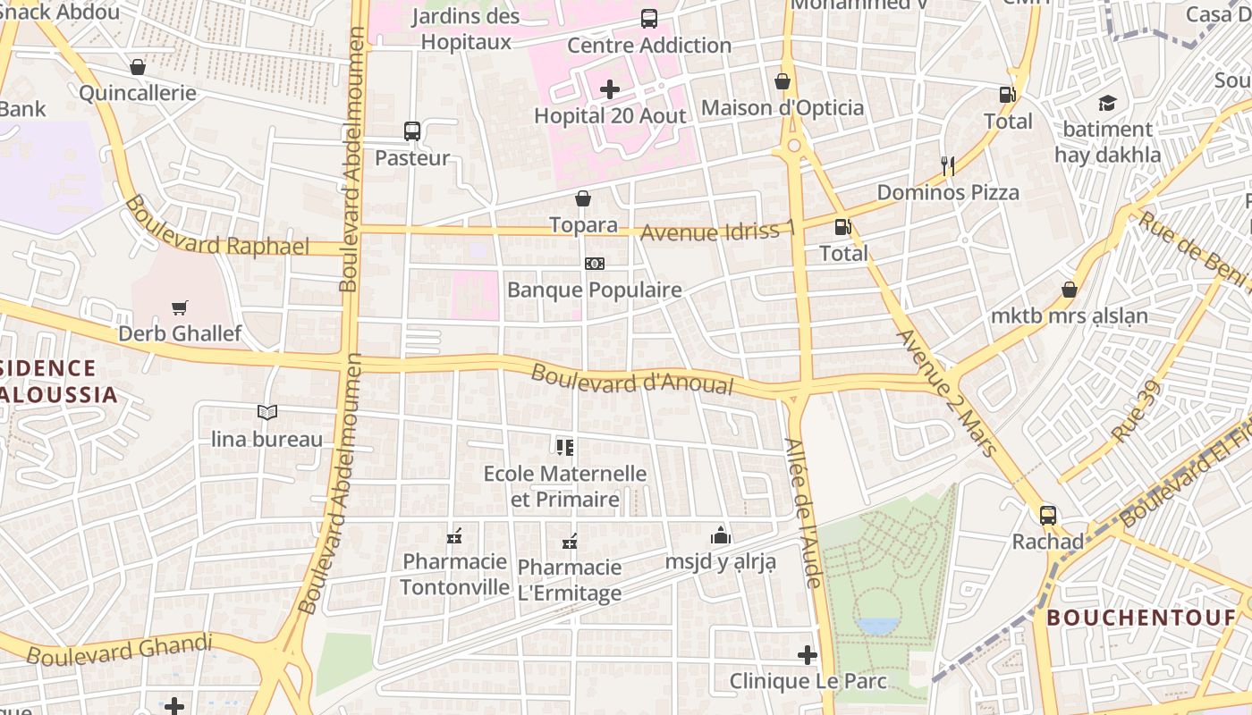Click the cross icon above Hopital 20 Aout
(x=610, y=89)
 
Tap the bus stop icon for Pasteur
(x=412, y=131)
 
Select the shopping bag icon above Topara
(x=583, y=198)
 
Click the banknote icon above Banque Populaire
(x=595, y=264)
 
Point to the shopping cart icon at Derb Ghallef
(x=180, y=307)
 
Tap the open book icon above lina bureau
(x=267, y=412)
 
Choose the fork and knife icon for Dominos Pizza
(x=948, y=165)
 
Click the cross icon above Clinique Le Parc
(x=808, y=655)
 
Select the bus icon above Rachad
(x=1048, y=515)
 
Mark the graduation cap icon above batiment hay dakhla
(x=1108, y=103)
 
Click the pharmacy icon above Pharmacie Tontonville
(x=454, y=536)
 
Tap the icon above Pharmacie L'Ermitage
(x=570, y=541)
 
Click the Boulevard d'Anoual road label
(x=631, y=379)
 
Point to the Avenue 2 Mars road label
(x=947, y=392)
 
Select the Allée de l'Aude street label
(x=802, y=512)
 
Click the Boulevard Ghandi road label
(x=119, y=650)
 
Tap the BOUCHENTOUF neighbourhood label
(x=1142, y=618)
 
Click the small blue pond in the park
(x=877, y=626)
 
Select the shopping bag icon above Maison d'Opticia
(x=782, y=81)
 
